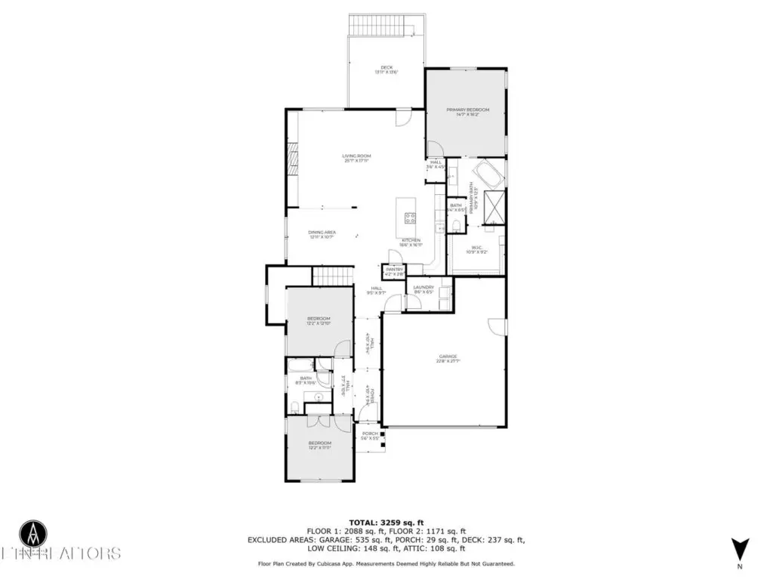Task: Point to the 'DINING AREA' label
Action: (x=322, y=234)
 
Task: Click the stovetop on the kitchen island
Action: (x=411, y=218)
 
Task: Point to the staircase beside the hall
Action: (x=333, y=276)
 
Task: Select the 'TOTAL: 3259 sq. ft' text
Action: (x=386, y=522)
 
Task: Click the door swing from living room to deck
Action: (x=405, y=118)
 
